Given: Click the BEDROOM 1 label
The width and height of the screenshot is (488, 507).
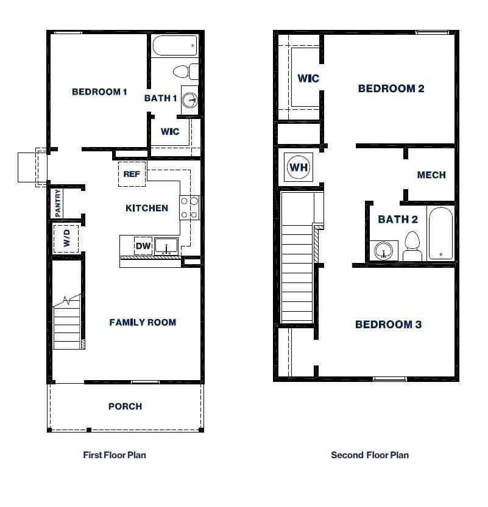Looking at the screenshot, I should tap(99, 92).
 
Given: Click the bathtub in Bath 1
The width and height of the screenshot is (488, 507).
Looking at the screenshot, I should tap(175, 46).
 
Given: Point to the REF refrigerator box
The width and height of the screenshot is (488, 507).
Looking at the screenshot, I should tap(132, 174).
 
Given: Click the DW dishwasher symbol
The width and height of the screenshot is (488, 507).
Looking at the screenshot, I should tap(143, 246).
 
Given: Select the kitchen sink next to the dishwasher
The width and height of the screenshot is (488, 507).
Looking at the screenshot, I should tap(166, 246).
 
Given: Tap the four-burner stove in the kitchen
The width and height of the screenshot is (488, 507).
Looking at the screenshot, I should tap(189, 207).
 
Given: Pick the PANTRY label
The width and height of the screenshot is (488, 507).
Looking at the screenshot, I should tap(58, 203).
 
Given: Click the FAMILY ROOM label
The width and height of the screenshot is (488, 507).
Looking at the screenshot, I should tap(143, 322).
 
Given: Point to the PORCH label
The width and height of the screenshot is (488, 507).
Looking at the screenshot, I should tap(125, 406).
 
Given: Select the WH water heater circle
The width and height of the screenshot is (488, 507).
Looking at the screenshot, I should tap(299, 167).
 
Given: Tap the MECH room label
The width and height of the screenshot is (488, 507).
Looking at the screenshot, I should tap(431, 175).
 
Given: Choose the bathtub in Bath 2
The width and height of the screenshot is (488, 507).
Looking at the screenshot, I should tap(440, 234).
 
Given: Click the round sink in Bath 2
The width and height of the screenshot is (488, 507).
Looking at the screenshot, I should tap(383, 250).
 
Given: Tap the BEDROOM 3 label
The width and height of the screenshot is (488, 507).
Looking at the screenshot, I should tap(388, 325).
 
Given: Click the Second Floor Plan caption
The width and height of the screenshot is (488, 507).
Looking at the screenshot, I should tap(370, 455).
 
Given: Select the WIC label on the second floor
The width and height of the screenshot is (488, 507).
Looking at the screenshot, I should tap(308, 79).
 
